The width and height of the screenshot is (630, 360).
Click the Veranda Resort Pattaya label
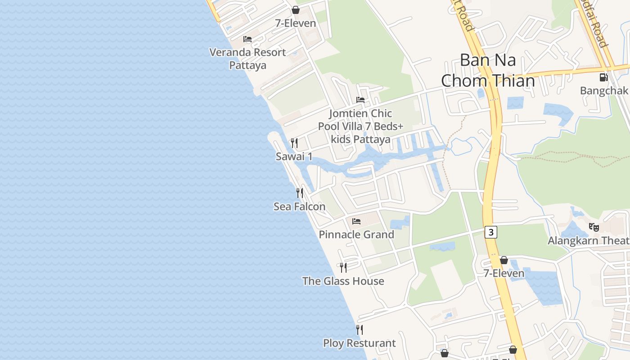coord(247,58)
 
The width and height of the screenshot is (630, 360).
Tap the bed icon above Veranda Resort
coord(247,39)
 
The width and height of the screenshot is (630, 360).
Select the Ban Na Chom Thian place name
coord(488,71)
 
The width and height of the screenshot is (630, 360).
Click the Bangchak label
coord(603,90)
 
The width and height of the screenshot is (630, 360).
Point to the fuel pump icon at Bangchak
coord(603,77)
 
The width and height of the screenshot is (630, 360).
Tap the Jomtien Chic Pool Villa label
coord(360,126)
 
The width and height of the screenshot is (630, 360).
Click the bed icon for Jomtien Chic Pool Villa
coord(360,100)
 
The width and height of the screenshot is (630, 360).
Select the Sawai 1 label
coord(294,157)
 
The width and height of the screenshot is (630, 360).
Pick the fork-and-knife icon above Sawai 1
coord(294,143)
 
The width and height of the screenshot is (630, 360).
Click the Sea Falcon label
coord(299,207)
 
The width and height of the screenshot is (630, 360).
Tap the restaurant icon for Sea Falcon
coord(299,193)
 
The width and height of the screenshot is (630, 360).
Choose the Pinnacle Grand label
coord(356,234)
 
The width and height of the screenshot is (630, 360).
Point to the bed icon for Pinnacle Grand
coord(356,221)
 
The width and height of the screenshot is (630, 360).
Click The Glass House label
coord(343,281)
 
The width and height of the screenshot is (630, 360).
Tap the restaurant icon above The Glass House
coord(343,268)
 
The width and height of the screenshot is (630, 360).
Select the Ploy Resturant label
coord(359,343)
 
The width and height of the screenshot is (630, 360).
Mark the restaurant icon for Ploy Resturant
coord(359,330)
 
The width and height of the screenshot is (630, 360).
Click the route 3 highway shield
coord(491,232)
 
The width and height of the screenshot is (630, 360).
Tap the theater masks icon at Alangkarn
coord(594,227)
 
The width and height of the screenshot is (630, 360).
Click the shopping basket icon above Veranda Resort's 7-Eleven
coord(296,10)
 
